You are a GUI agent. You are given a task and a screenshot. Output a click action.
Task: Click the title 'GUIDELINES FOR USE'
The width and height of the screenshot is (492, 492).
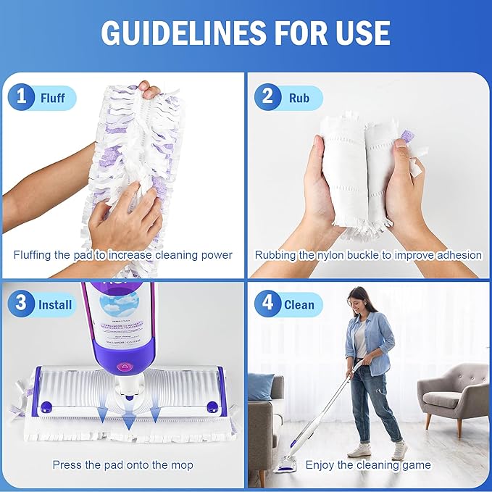point(246,33)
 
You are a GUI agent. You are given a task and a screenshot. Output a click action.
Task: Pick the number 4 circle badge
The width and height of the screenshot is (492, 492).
point(267,304)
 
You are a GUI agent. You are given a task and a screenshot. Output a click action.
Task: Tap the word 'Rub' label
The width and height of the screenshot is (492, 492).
point(299,98)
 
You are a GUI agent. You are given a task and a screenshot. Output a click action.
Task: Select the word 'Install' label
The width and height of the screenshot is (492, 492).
point(55,304)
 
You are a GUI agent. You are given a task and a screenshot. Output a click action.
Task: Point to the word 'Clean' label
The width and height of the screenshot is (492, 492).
point(299,304)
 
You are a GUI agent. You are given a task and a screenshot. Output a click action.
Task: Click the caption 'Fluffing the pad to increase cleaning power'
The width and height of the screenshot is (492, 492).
point(123,255)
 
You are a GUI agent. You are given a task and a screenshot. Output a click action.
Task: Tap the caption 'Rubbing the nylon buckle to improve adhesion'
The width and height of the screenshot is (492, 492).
point(368,255)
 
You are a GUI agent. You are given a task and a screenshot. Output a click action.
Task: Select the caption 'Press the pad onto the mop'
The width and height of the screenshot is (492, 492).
point(123,464)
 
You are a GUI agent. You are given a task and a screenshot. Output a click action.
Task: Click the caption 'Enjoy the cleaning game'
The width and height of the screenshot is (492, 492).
point(368,464)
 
